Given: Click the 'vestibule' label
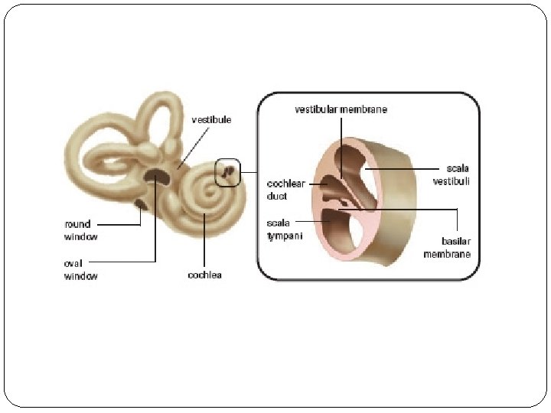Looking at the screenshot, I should pos(210,120).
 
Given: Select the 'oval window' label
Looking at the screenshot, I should pos(80,269).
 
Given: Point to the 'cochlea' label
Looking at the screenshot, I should pos(204,275).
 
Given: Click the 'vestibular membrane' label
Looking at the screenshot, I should pos(341,110).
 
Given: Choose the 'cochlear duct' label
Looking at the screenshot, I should pos(285,190).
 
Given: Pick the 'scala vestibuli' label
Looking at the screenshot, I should pos(452,174).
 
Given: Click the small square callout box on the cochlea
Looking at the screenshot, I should pos(228,173).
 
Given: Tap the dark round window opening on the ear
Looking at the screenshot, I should pos(142,203).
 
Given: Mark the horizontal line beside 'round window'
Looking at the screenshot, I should pos(119,225).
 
